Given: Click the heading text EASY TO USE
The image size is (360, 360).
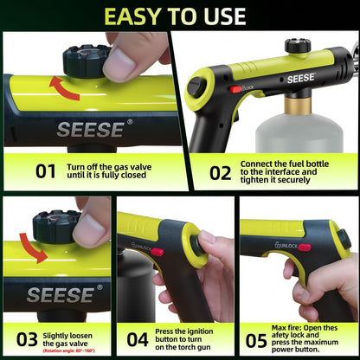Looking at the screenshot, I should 180,16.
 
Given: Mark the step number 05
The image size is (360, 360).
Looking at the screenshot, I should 257,338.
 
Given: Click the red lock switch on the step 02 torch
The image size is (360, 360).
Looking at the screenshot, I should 235,88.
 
